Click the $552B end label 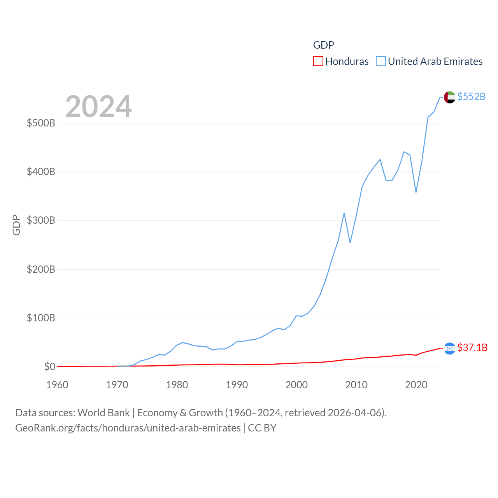[x=471, y=96]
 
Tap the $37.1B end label [x=472, y=347]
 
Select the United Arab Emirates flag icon [x=449, y=97]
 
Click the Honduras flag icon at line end [x=449, y=348]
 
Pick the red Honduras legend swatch [x=318, y=61]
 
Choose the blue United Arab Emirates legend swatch [x=381, y=61]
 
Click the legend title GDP [x=323, y=45]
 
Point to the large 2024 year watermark [x=98, y=107]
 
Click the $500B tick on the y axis [x=41, y=123]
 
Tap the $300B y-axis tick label [x=41, y=221]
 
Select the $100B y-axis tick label [x=41, y=318]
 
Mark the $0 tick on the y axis [x=49, y=367]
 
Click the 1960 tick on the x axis [x=57, y=385]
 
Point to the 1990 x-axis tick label [x=237, y=385]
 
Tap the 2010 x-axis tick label [x=356, y=385]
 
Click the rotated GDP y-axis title [x=16, y=225]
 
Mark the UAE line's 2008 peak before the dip [x=344, y=213]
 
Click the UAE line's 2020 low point [x=416, y=192]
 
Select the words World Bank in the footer [x=103, y=413]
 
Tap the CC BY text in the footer [x=262, y=428]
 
